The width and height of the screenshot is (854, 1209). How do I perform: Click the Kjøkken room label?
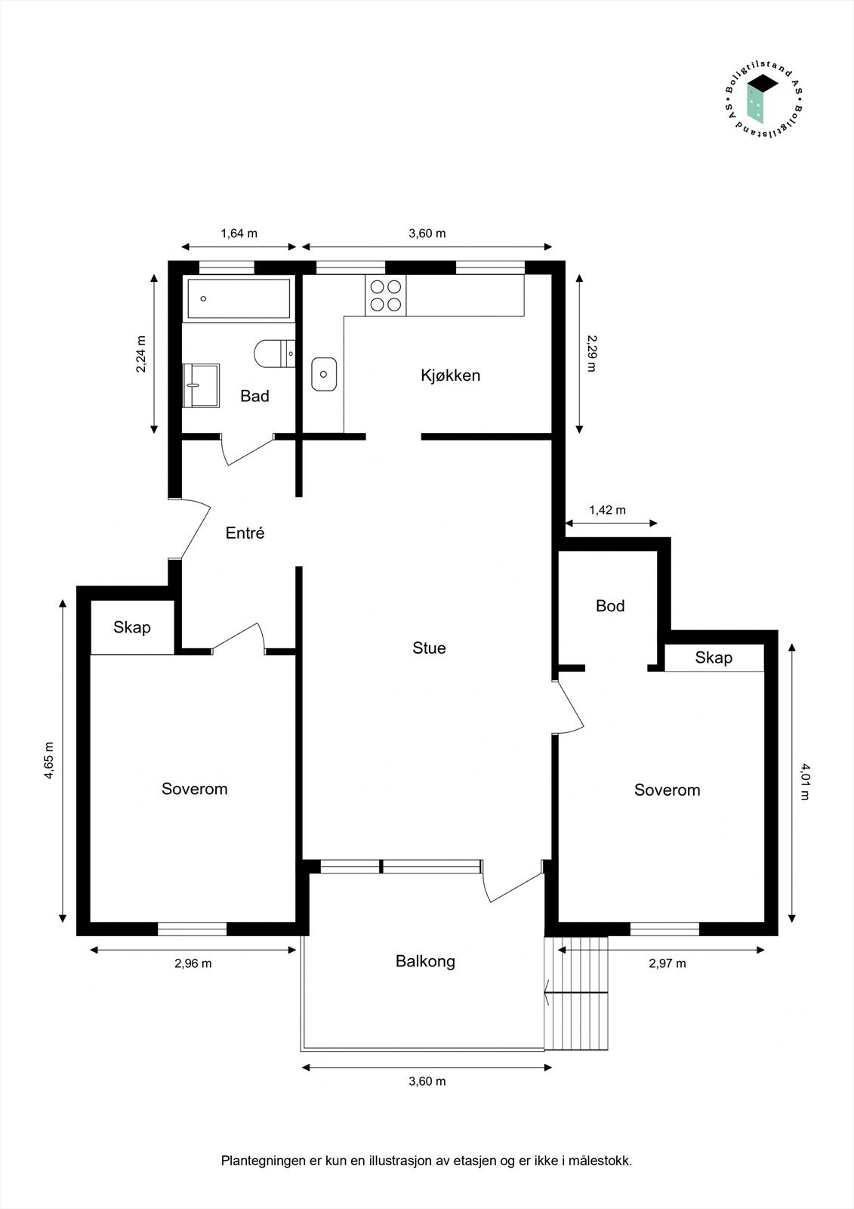click(451, 376)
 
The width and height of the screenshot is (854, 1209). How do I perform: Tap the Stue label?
click(430, 648)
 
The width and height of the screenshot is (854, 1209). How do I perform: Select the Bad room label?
click(254, 396)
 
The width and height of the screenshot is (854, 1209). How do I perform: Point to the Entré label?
click(245, 533)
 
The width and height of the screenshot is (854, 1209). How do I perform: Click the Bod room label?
click(610, 605)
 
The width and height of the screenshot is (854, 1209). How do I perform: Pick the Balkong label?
click(426, 961)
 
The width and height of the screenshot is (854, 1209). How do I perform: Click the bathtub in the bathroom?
click(239, 298)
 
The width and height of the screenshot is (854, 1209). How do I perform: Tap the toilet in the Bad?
click(275, 354)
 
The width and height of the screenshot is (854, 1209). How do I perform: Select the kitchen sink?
click(324, 374)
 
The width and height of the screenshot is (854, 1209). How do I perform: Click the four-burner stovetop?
click(386, 295)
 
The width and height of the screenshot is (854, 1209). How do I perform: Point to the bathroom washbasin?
click(201, 385)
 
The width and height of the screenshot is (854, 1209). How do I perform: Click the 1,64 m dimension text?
click(239, 233)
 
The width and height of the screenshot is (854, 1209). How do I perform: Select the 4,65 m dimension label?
click(49, 760)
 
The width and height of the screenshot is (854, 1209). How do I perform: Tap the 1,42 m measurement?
click(607, 510)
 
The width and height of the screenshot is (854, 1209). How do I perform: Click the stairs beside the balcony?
click(576, 993)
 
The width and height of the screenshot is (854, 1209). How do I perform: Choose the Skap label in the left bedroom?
click(132, 627)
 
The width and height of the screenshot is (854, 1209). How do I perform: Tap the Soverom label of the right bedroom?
click(667, 790)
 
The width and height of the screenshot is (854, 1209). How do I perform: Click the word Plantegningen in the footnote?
click(264, 1161)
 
